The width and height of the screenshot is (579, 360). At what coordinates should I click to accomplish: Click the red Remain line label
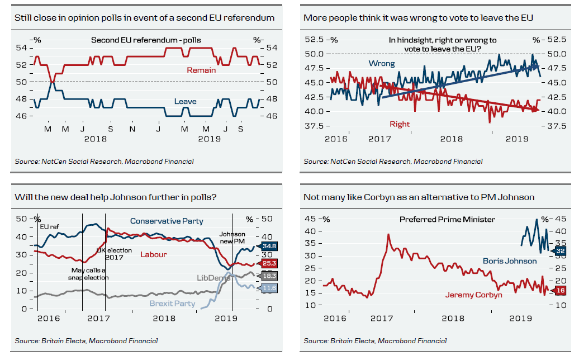(201, 70)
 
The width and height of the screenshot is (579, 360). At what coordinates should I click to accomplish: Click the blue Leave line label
(185, 101)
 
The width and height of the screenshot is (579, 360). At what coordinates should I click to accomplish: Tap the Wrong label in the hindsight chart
(381, 64)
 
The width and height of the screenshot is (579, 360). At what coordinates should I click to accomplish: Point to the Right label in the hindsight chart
(400, 124)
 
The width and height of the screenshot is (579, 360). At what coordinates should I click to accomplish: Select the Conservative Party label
(167, 221)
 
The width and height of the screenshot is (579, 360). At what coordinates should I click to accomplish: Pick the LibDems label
(211, 277)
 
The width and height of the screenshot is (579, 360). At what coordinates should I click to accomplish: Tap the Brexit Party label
(172, 304)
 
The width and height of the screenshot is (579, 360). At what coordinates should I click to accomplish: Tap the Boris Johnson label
(509, 260)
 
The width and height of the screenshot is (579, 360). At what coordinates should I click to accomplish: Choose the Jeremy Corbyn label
(473, 295)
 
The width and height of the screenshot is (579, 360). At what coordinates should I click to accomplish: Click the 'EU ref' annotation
(49, 226)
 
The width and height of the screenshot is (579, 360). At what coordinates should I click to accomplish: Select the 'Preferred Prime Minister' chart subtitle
(447, 220)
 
